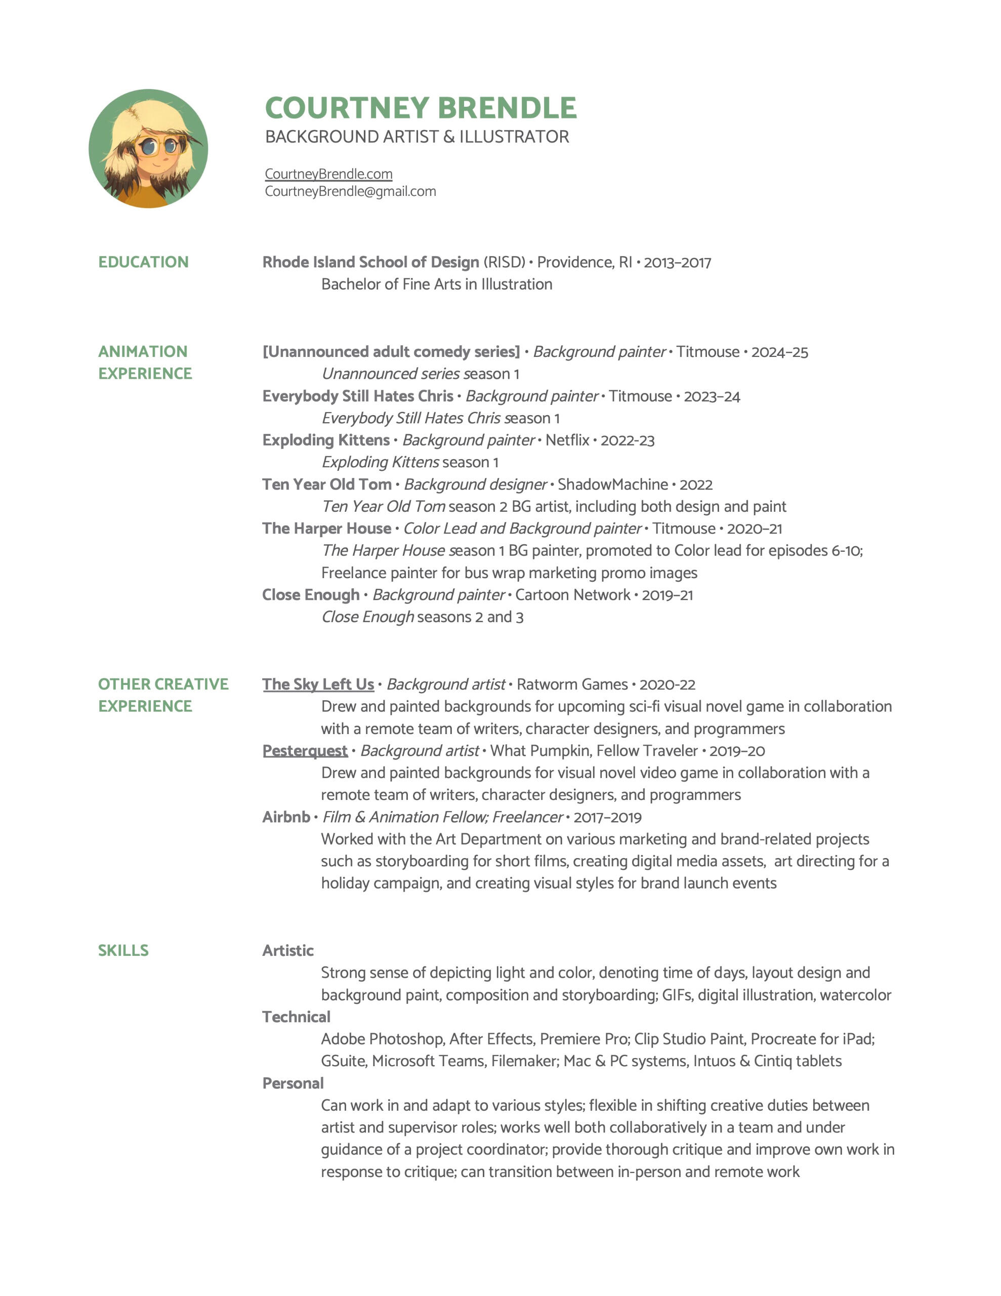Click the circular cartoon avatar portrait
pyautogui.click(x=148, y=148)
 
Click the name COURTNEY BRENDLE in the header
pyautogui.click(x=420, y=108)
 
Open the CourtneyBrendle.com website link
pyautogui.click(x=328, y=174)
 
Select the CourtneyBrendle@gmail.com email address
pyautogui.click(x=350, y=191)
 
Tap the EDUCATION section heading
pyautogui.click(x=143, y=262)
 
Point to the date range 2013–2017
pyautogui.click(x=677, y=262)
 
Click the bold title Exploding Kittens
pyautogui.click(x=326, y=440)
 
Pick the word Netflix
pyautogui.click(x=567, y=440)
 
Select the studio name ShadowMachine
pyautogui.click(x=612, y=484)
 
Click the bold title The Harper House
pyautogui.click(x=326, y=528)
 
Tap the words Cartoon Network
pyautogui.click(x=572, y=595)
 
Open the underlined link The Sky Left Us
pyautogui.click(x=318, y=684)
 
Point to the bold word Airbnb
pyautogui.click(x=286, y=817)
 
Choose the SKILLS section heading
pyautogui.click(x=123, y=950)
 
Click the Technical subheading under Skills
pyautogui.click(x=296, y=1017)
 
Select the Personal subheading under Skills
pyautogui.click(x=293, y=1083)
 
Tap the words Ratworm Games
pyautogui.click(x=571, y=684)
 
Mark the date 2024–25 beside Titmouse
pyautogui.click(x=779, y=352)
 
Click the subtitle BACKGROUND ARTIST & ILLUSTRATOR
pyautogui.click(x=416, y=137)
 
